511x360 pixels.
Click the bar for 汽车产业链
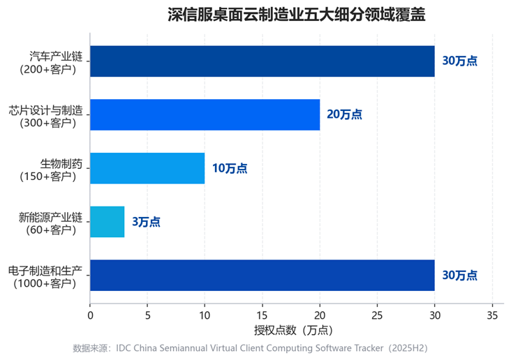[x=262, y=61]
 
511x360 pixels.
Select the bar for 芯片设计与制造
[x=205, y=114]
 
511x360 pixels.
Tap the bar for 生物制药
[x=147, y=168]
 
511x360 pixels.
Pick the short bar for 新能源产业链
[x=108, y=222]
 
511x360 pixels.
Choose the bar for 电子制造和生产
[x=262, y=276]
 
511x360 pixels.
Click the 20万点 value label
[x=344, y=114]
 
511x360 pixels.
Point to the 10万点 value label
[x=230, y=168]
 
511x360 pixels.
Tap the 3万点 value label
[x=146, y=222]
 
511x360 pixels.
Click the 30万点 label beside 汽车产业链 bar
[x=459, y=61]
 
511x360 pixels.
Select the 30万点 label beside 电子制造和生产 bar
[x=459, y=276]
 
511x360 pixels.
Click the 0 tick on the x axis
[x=90, y=315]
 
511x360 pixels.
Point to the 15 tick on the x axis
[x=262, y=315]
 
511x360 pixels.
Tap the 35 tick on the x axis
[x=492, y=315]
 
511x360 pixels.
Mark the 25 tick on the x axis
[x=377, y=315]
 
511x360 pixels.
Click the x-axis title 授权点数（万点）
[x=293, y=331]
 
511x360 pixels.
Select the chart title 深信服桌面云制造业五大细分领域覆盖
[x=296, y=15]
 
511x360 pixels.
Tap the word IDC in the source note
[x=123, y=348]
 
